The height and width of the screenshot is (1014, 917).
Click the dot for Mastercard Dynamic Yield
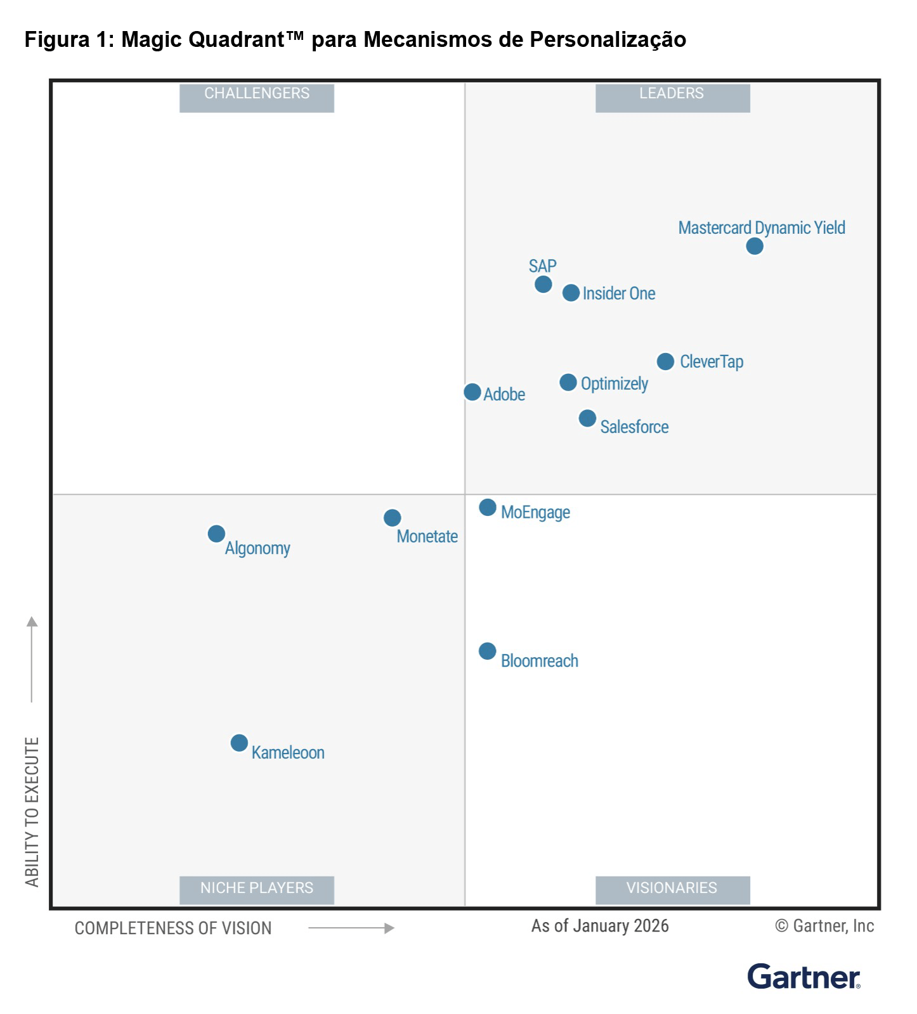754,246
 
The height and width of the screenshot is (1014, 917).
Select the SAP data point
543,284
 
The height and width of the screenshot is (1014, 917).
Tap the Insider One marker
571,293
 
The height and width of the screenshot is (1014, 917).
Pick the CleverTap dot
665,361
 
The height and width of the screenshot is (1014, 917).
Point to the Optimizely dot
568,382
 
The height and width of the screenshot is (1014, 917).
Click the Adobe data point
472,392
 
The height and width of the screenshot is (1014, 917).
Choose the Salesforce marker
587,418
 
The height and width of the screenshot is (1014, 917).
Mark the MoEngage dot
487,507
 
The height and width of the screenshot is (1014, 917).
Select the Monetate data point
392,518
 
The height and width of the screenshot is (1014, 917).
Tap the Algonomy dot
216,534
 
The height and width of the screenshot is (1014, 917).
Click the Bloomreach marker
487,651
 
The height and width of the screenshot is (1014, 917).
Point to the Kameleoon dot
239,743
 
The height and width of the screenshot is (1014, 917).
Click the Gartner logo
803,977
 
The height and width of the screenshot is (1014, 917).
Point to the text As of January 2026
600,926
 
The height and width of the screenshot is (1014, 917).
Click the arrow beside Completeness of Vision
351,928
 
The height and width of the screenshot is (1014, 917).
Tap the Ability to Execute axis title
32,812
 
